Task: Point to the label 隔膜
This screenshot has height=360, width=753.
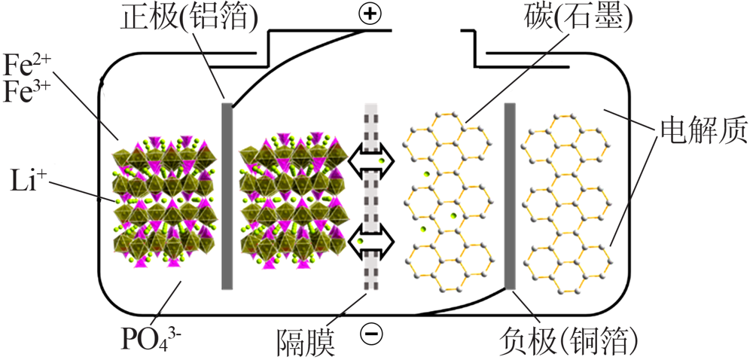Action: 304,342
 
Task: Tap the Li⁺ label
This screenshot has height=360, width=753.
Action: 24,182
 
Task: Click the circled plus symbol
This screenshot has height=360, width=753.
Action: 370,14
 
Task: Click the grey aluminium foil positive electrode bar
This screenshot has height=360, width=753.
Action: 227,197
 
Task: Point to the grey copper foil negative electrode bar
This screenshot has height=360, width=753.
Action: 510,197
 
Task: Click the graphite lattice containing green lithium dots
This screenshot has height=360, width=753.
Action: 451,202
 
